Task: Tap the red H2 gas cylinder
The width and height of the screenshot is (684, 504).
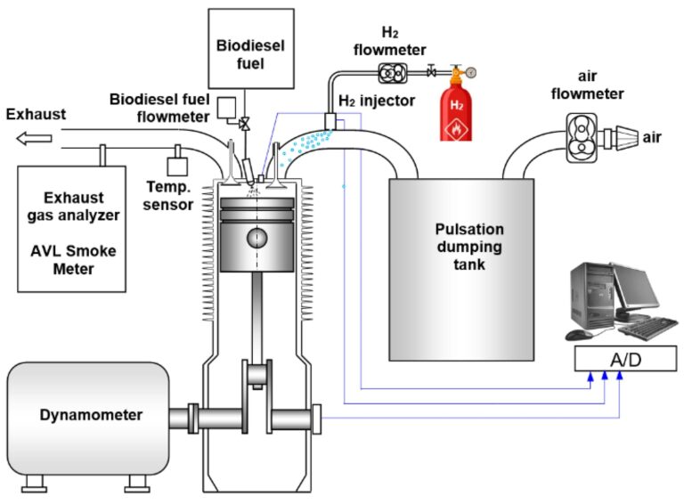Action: (456, 111)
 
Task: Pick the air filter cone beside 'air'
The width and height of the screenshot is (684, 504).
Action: (620, 137)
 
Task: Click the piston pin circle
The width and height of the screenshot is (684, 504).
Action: (257, 238)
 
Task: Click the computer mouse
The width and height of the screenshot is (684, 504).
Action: (578, 335)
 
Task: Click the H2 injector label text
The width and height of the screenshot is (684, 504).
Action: (377, 102)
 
